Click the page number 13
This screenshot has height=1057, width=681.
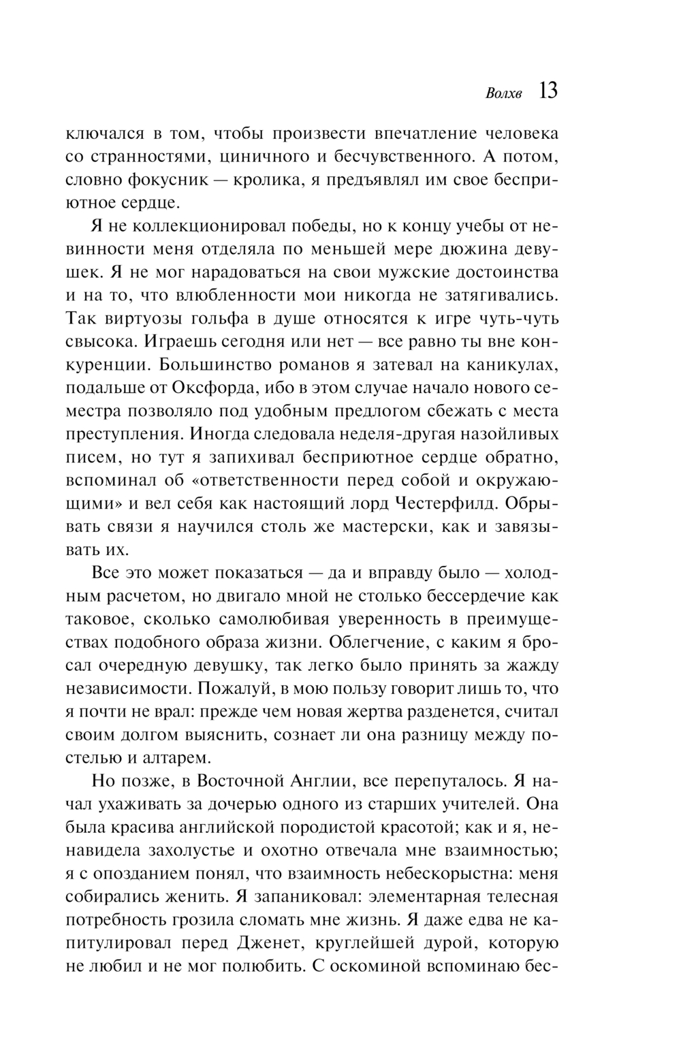[x=548, y=91]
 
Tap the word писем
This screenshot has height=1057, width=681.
[x=91, y=457]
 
